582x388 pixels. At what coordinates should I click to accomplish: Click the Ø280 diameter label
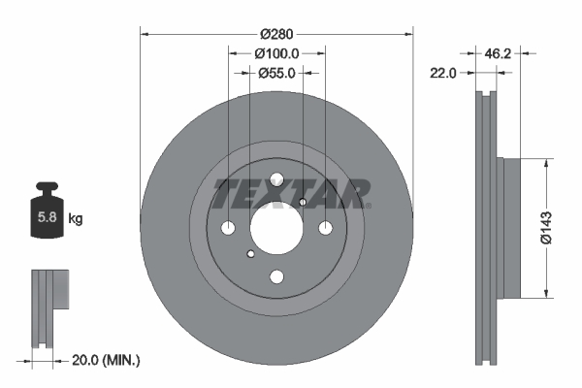[x=276, y=20]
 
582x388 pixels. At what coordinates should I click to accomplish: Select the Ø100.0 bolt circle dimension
[x=276, y=54]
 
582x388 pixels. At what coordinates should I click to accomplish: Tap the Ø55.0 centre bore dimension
[x=276, y=72]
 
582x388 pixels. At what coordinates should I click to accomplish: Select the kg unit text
[x=76, y=219]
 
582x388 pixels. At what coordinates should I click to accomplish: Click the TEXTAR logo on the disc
[x=290, y=193]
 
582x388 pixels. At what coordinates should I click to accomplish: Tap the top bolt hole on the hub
[x=276, y=179]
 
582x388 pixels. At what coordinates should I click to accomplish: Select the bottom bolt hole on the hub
[x=276, y=276]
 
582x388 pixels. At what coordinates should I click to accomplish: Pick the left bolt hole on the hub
[x=229, y=228]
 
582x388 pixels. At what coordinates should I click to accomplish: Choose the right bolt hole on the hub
[x=325, y=228]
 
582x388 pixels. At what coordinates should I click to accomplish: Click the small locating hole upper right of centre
[x=303, y=202]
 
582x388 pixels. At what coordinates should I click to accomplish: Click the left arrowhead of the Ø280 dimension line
[x=145, y=33]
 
